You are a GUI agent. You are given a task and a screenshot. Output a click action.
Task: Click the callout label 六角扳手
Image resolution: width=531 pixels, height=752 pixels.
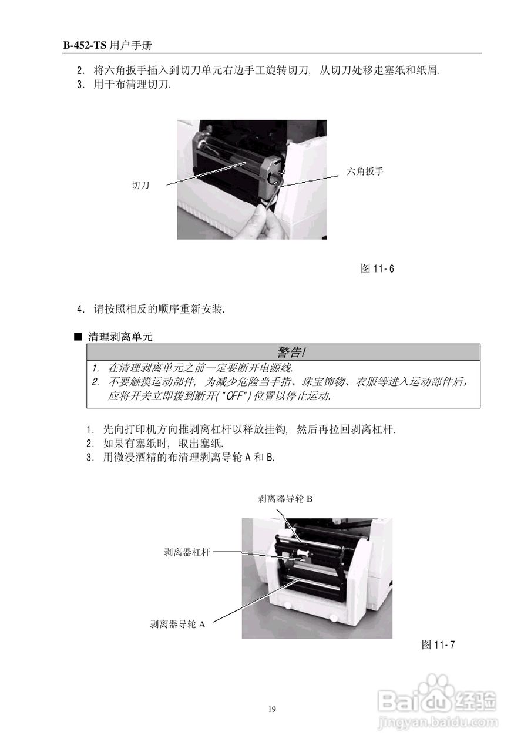coord(365,172)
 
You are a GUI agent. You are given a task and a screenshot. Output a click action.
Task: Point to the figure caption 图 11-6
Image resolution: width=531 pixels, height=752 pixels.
coord(377,269)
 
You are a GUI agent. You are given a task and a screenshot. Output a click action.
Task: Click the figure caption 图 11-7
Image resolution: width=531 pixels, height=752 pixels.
coord(438,645)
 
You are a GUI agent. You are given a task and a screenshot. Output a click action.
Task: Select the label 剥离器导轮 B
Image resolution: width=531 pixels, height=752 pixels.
coord(285,499)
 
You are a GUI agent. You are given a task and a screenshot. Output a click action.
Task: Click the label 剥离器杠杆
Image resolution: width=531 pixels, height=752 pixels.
coord(187,552)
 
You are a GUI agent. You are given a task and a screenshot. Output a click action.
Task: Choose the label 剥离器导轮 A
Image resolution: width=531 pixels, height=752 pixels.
coord(178,625)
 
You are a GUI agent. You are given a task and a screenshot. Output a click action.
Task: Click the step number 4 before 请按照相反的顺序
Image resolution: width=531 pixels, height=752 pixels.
coord(80,308)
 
